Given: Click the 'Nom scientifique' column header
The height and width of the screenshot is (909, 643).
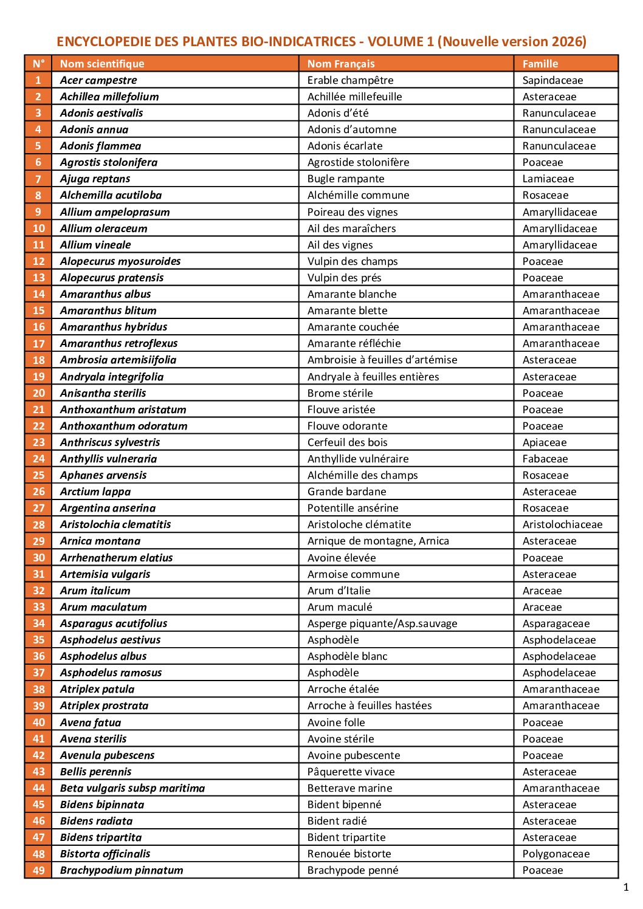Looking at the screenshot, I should point(102,64).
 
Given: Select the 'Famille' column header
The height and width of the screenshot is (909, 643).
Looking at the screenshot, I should point(540,64).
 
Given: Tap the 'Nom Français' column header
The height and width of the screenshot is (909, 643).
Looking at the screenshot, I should point(341,64).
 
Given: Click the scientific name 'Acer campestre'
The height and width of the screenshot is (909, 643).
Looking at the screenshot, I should point(98,80).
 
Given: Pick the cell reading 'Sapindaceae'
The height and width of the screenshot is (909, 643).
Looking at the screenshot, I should point(552,80).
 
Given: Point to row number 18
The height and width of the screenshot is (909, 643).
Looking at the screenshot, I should point(38,360).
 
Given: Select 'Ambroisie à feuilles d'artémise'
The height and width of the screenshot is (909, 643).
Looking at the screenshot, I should point(382,360).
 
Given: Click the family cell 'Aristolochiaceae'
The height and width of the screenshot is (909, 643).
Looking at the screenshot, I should point(562,524).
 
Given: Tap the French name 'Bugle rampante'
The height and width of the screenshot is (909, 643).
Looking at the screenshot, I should point(346,179).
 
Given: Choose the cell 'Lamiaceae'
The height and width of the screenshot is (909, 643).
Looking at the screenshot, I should point(548,179).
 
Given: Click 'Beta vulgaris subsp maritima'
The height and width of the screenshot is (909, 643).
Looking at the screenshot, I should point(132,788).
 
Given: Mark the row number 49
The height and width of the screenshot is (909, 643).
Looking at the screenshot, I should point(38,870).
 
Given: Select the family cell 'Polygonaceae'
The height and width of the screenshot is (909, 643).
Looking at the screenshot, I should point(555,854).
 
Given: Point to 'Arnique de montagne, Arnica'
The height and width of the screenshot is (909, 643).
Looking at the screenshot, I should point(378,541).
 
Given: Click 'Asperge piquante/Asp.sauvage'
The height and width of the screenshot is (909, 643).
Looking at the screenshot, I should point(382,623).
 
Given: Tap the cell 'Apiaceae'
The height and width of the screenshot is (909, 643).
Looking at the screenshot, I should point(544,442).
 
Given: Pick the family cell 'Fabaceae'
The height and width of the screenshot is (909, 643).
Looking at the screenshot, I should point(545,459).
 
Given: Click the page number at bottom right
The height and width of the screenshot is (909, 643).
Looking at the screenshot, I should point(626,888).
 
